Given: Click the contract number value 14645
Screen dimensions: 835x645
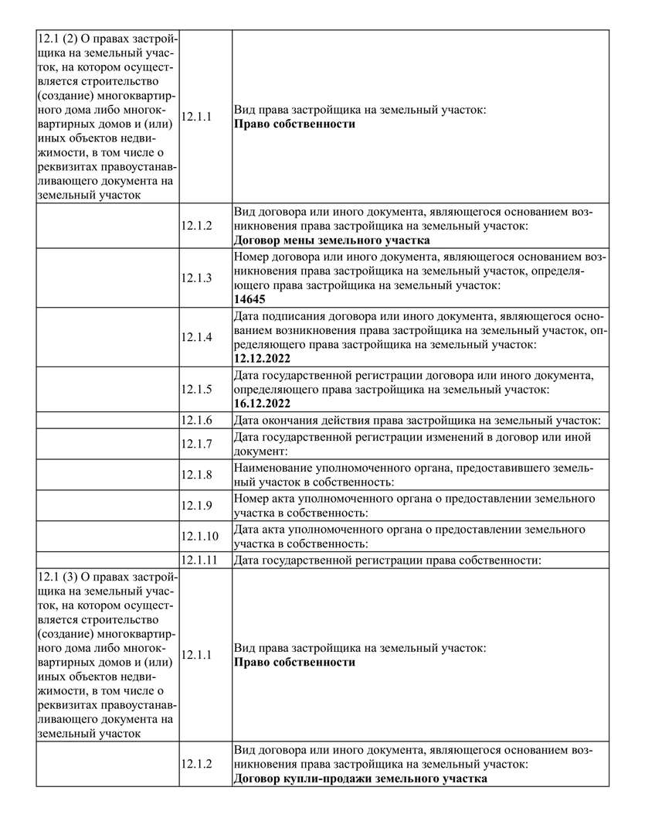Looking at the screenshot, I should click(x=249, y=299).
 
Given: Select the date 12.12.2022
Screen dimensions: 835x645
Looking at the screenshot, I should click(x=263, y=359).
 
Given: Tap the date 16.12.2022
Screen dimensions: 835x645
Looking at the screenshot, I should click(x=263, y=404).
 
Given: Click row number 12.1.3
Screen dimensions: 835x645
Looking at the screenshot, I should click(x=196, y=278).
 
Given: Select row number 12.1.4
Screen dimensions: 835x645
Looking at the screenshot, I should click(x=196, y=337).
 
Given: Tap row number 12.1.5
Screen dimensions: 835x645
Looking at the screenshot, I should click(x=196, y=389).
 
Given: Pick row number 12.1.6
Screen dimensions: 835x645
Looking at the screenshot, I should click(x=196, y=420).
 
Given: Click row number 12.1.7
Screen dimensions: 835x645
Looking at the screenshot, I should click(x=196, y=444).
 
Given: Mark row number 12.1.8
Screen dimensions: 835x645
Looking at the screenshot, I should click(x=196, y=475).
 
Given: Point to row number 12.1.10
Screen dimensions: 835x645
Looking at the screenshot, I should click(x=199, y=536).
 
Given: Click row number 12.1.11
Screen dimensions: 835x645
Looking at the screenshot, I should click(x=199, y=560).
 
